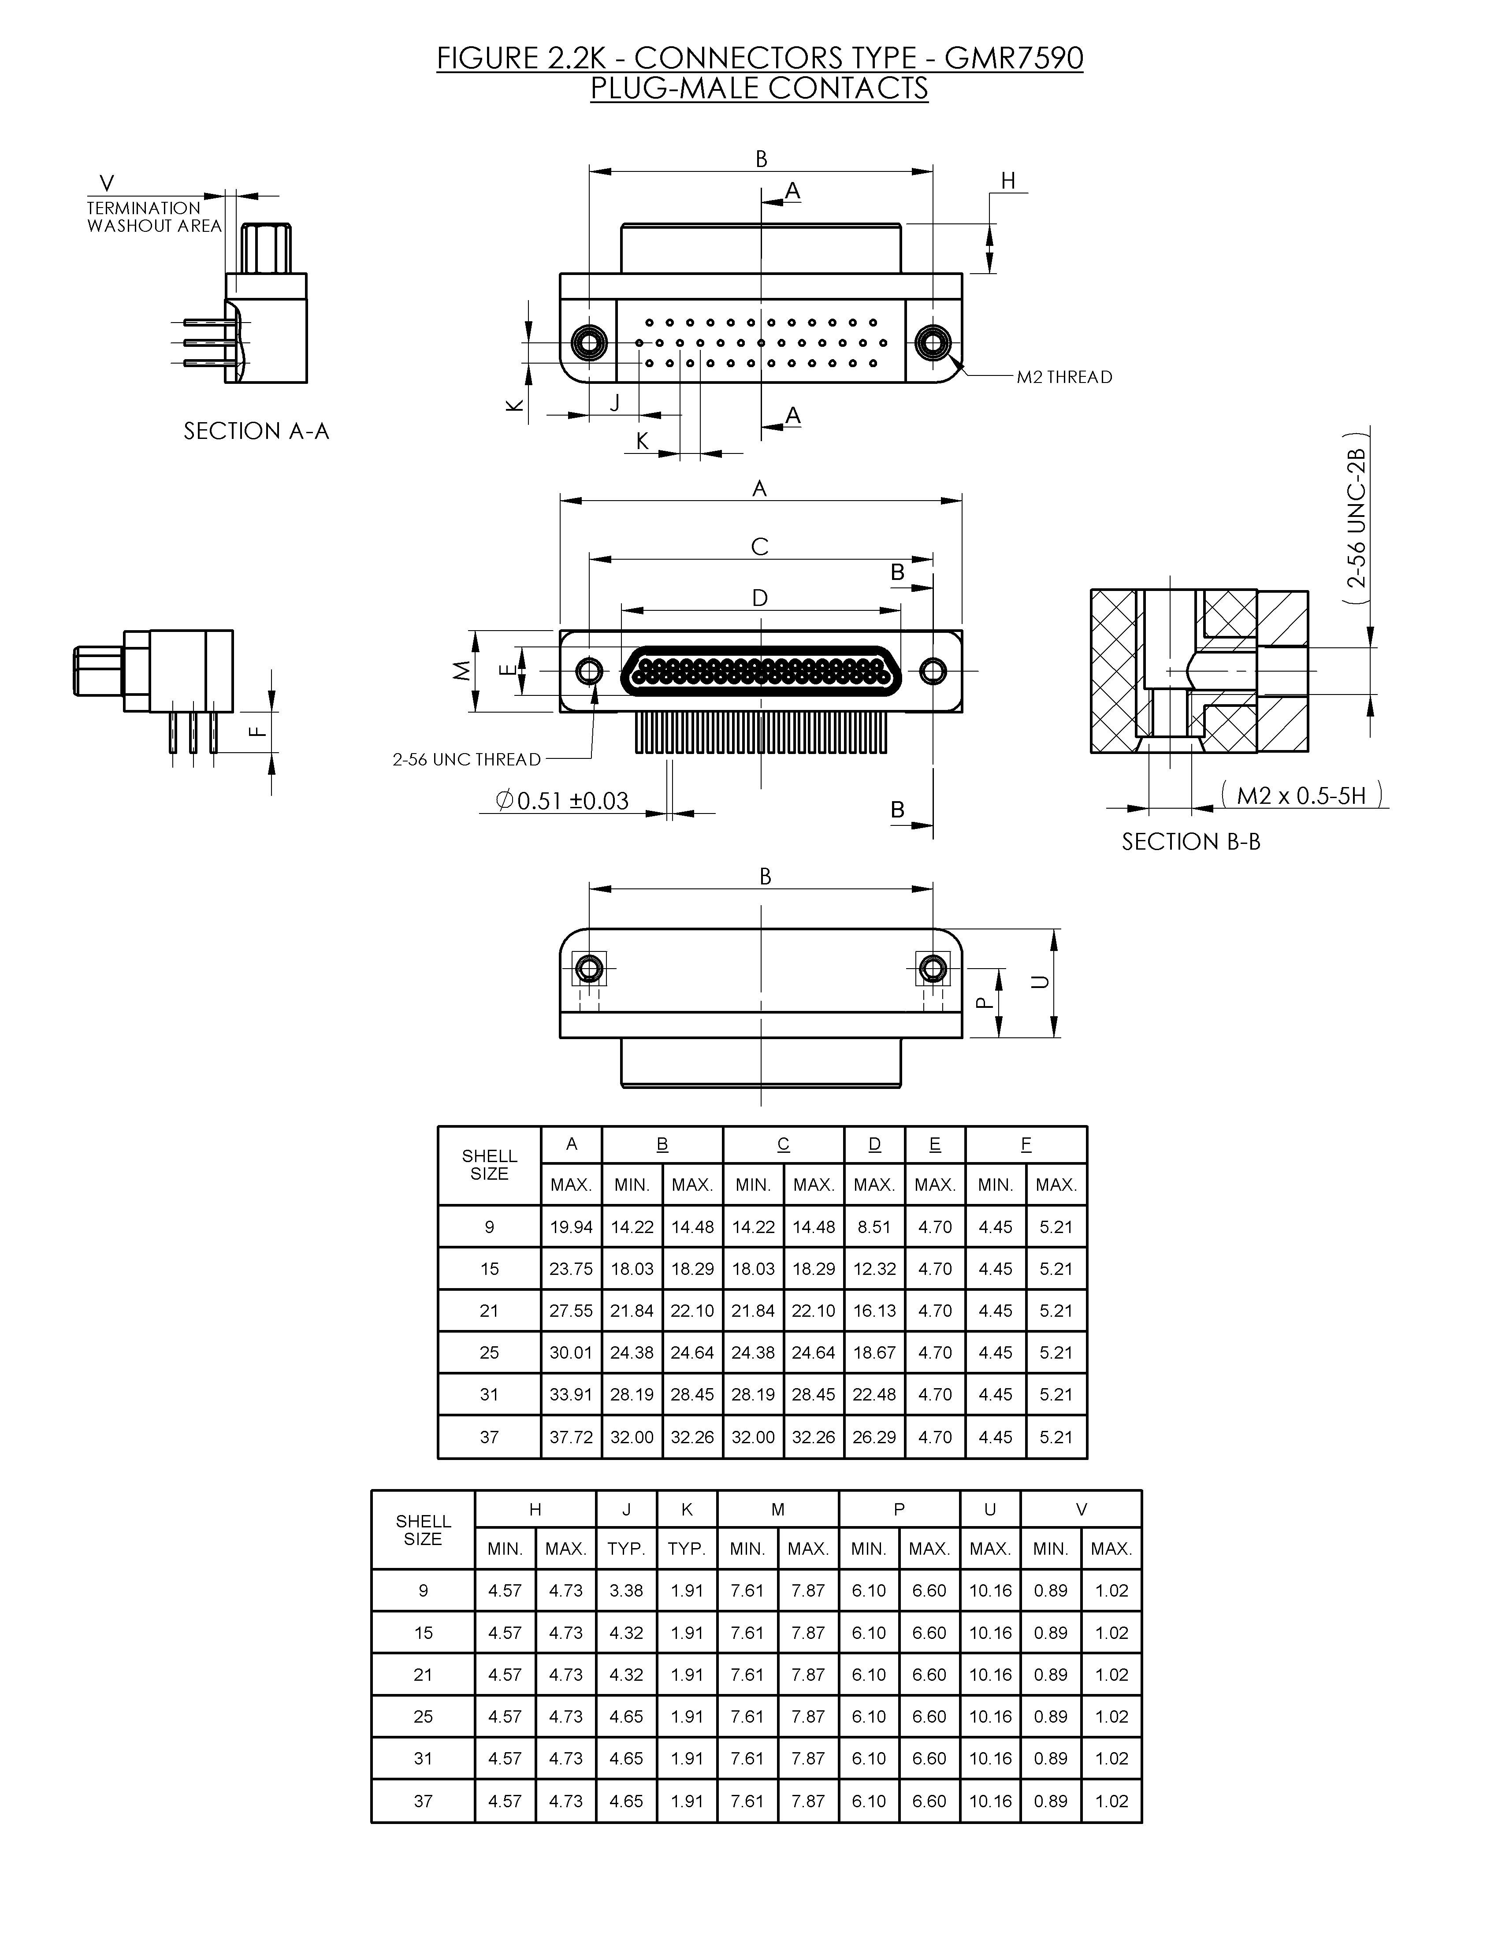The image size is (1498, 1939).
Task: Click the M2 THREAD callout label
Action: point(1064,377)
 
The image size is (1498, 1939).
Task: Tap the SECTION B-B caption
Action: point(1191,842)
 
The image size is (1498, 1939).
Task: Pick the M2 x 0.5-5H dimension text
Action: point(1301,795)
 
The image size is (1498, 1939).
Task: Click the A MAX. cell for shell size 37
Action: point(571,1437)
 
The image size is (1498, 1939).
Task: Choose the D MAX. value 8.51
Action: point(874,1227)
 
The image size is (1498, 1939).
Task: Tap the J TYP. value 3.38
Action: point(626,1590)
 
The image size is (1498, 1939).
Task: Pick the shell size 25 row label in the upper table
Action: point(489,1352)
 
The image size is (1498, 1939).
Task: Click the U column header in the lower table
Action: point(990,1509)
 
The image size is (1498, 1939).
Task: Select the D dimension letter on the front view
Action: point(760,598)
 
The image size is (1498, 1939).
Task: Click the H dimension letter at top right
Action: point(1008,181)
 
